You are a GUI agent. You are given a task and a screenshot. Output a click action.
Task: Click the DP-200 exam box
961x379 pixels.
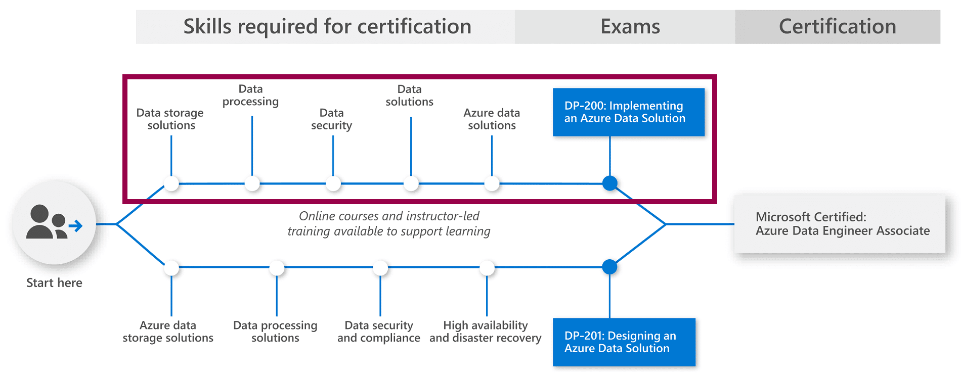tap(628, 112)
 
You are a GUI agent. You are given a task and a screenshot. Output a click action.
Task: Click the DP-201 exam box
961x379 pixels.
tap(624, 342)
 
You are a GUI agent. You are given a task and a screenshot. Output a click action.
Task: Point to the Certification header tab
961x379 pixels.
tap(837, 27)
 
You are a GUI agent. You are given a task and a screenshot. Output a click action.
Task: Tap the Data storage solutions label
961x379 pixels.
tap(170, 119)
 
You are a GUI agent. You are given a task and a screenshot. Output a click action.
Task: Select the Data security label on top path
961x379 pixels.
tap(331, 119)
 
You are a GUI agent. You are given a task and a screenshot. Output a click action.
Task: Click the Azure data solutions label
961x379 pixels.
tap(492, 119)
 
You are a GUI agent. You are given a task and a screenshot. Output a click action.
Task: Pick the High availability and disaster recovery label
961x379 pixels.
tap(485, 332)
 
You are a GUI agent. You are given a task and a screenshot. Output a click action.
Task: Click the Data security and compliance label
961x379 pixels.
tap(378, 332)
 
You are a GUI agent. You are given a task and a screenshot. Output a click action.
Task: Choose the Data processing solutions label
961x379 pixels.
tap(275, 332)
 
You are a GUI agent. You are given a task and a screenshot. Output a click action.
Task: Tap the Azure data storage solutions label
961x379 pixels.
tap(168, 332)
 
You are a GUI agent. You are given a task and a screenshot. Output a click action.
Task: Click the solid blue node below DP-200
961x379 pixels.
tap(609, 183)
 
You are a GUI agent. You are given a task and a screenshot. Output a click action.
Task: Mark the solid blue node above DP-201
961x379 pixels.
tap(609, 267)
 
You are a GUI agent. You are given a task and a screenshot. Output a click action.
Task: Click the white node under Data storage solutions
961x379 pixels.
tap(171, 183)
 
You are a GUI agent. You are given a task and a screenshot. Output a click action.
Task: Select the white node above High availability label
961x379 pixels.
tap(487, 268)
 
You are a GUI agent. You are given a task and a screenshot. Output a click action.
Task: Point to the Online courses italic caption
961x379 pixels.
tap(388, 224)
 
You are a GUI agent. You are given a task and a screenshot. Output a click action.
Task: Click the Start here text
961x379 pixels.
tap(54, 283)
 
